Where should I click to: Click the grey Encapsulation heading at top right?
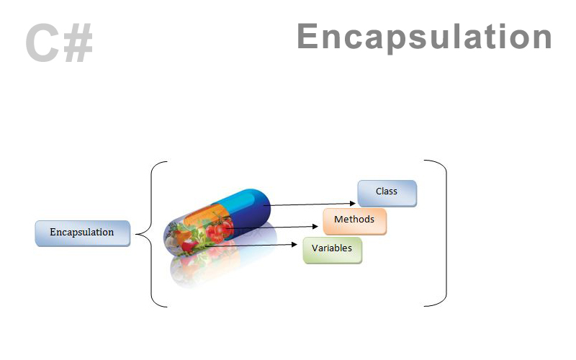click(x=424, y=37)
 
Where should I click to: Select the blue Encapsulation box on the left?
click(x=82, y=233)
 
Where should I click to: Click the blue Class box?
click(x=387, y=193)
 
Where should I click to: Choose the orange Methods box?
click(x=354, y=220)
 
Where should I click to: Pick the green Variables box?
click(x=332, y=249)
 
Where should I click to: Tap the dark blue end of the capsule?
click(x=256, y=205)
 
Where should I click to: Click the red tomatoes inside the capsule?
click(x=220, y=229)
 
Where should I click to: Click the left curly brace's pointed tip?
click(x=137, y=233)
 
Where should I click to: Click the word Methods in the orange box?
click(x=354, y=219)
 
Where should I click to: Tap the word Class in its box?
click(x=387, y=192)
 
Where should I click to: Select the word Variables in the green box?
click(x=332, y=248)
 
